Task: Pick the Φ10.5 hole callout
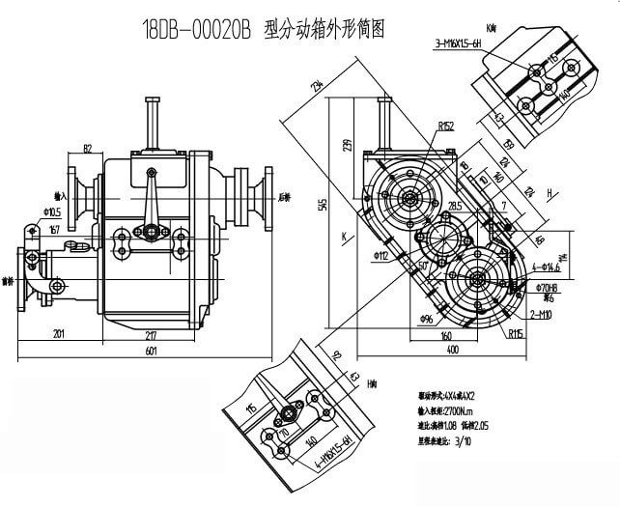click(x=52, y=211)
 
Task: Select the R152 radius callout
click(x=445, y=126)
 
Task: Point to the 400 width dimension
click(x=454, y=349)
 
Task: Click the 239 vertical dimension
click(x=349, y=145)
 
